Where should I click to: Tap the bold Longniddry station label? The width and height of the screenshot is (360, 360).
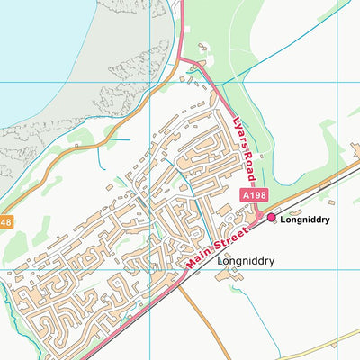click(x=304, y=219)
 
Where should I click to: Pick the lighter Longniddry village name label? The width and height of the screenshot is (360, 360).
click(x=245, y=262)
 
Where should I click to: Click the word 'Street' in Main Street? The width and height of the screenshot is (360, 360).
click(x=229, y=235)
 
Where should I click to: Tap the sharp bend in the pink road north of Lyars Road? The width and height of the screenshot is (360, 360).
click(x=180, y=58)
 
